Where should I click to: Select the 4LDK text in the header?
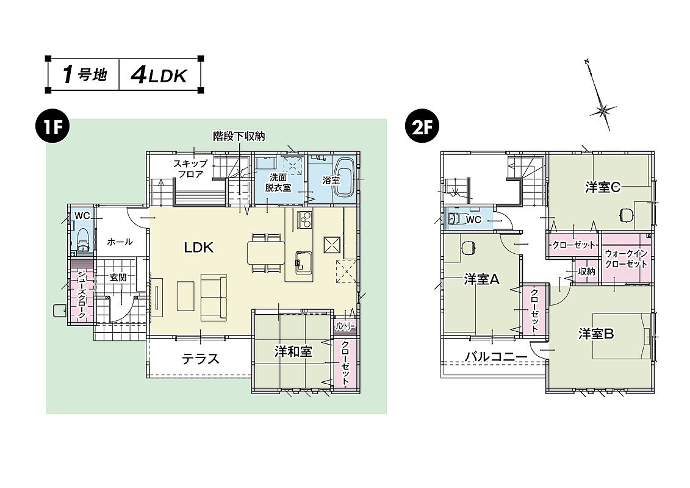pos(157,75)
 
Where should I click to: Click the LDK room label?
pos(198,247)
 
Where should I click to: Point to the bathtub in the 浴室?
pos(345,178)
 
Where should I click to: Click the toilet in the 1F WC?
pos(83,241)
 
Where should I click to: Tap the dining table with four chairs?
pos(265,251)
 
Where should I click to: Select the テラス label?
pos(200,359)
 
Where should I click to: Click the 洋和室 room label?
pos(293,351)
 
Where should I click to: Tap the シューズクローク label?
pos(81,295)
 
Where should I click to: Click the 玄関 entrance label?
pos(118,277)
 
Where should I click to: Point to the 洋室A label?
pos(481,279)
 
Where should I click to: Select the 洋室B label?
pos(596,334)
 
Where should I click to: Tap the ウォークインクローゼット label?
pos(626,259)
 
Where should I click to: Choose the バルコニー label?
pos(495,357)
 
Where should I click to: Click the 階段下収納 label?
pos(239,136)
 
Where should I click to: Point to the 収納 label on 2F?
pos(586,271)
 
